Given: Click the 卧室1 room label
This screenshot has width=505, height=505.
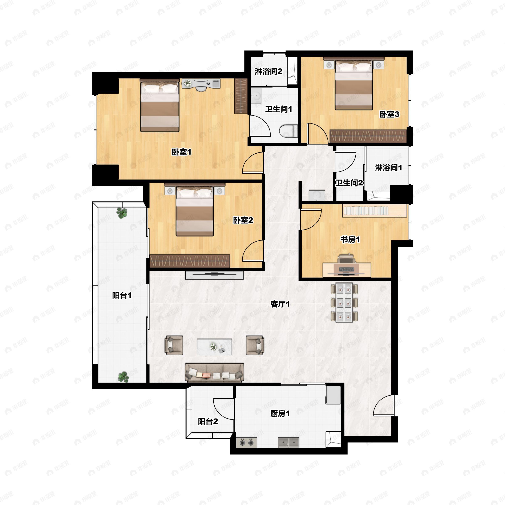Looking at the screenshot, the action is click(181, 152).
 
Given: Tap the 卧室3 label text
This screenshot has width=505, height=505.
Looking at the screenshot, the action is click(389, 114).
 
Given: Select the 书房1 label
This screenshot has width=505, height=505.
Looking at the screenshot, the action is click(350, 239).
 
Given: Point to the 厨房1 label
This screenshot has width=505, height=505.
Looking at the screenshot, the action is click(280, 413).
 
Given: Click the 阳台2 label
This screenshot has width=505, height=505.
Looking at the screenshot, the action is click(208, 421).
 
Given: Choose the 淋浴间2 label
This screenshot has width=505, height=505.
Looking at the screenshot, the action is click(268, 71).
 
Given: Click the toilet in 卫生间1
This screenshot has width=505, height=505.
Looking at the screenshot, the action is click(288, 131).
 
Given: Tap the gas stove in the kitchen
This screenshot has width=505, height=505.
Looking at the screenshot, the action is click(246, 443).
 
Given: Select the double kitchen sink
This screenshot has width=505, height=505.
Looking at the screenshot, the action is click(288, 443).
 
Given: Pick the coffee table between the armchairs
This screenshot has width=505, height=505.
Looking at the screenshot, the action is click(214, 347).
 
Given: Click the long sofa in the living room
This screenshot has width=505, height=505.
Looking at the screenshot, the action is click(214, 372).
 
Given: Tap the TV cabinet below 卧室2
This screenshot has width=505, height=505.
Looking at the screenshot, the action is click(214, 275).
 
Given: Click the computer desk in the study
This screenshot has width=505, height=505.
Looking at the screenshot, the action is click(347, 270).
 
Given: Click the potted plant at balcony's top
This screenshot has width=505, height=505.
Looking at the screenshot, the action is click(122, 213).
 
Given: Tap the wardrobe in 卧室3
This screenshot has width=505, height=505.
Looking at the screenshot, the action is click(368, 136).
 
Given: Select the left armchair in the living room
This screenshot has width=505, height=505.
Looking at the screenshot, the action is click(174, 345).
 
